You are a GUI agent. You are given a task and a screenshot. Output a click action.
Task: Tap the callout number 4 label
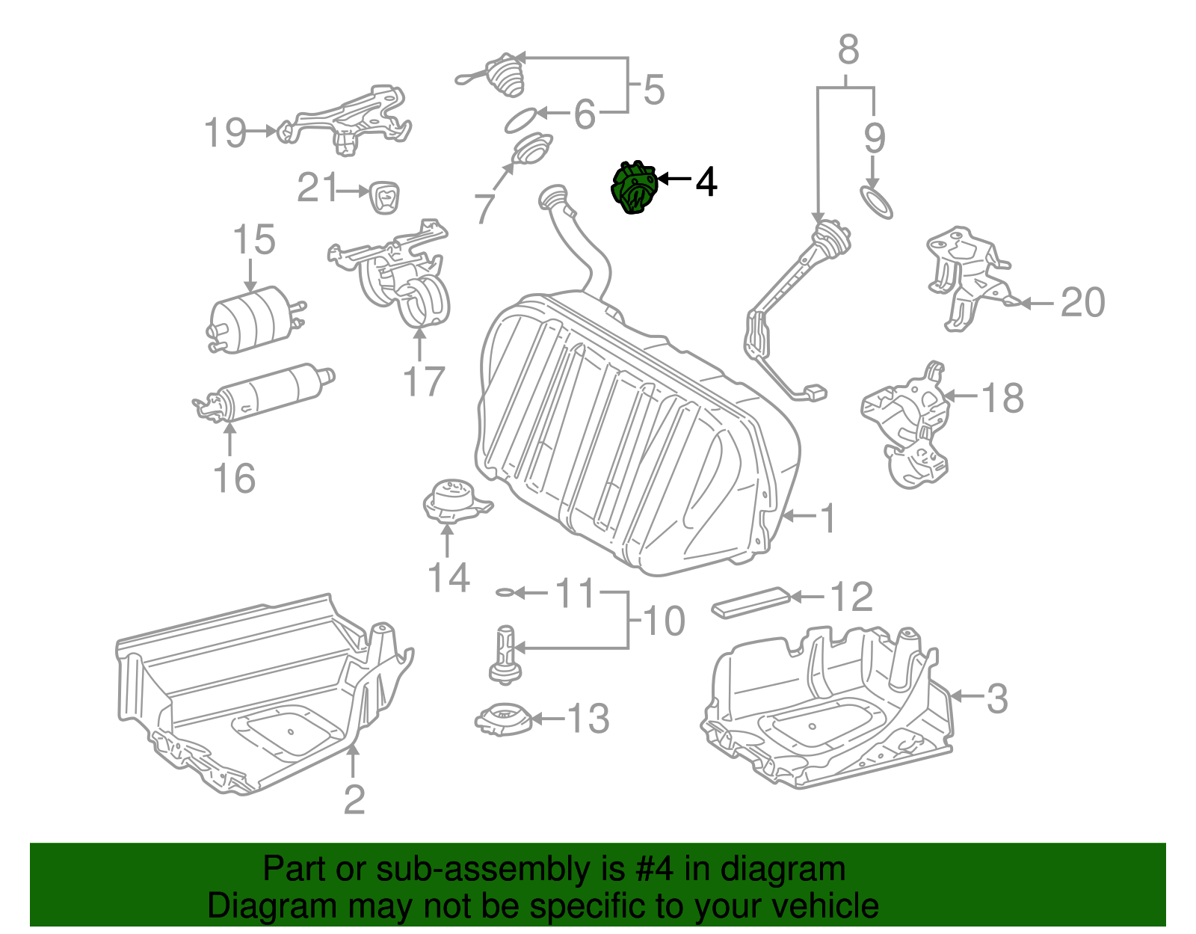tap(706, 182)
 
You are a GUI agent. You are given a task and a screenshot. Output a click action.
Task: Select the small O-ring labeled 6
tap(520, 120)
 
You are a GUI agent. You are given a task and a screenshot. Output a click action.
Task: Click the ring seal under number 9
tap(876, 203)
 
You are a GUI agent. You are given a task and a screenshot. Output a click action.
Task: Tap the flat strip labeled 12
tap(750, 602)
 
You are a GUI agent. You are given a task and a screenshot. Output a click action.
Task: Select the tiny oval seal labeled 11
tap(505, 593)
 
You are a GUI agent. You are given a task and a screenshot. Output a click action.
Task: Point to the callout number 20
tap(1082, 303)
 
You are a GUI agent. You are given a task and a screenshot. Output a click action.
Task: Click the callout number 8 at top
tap(848, 50)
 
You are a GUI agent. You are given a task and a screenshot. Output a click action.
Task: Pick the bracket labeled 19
tap(348, 120)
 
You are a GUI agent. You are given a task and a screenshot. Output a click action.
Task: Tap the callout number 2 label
tap(354, 800)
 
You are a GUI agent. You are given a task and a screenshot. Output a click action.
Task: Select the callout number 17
tap(423, 381)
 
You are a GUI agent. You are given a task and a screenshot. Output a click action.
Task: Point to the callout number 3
tap(997, 698)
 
